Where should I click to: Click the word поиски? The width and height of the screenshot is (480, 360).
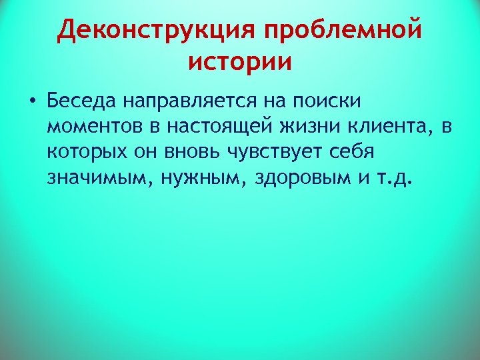328,101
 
